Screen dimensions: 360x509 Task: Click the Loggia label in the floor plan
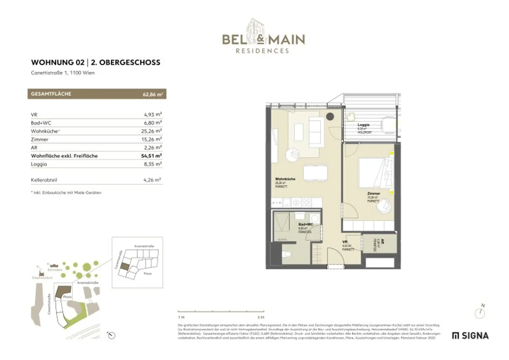tap(364, 125)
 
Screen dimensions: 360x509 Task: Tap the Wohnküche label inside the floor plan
tap(285, 179)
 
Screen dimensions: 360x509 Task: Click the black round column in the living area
tap(330, 117)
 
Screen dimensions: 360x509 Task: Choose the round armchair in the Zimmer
tap(384, 206)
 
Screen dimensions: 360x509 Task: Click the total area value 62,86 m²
tap(152, 94)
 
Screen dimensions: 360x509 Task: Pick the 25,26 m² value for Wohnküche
tap(151, 131)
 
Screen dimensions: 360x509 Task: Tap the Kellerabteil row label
tap(44, 180)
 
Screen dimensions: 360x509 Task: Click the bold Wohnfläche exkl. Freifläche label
tap(64, 156)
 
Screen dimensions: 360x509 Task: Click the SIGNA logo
tap(470, 336)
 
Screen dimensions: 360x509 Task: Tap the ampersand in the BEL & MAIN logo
tap(261, 39)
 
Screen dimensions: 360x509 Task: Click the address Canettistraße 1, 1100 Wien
tap(63, 73)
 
